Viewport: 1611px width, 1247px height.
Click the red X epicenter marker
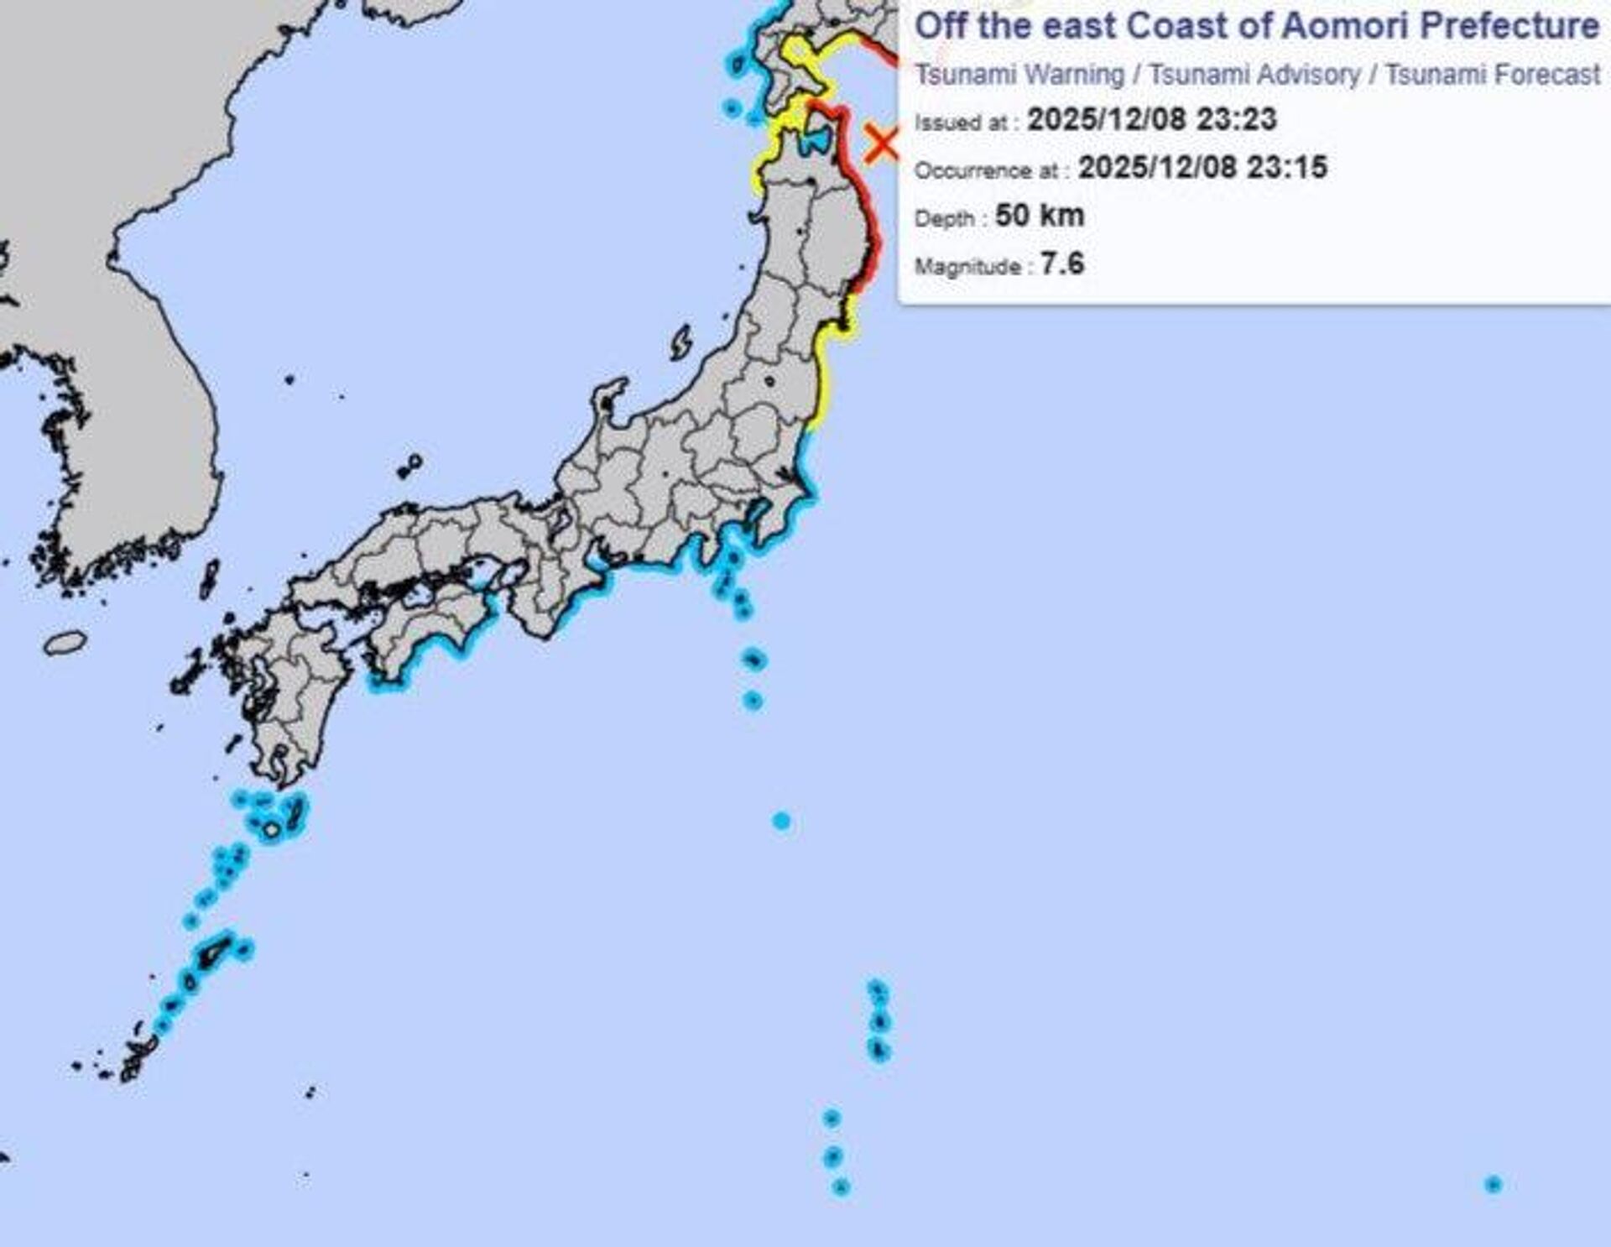(882, 143)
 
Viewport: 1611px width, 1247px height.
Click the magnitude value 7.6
(1062, 264)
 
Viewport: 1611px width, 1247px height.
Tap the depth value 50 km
(1040, 216)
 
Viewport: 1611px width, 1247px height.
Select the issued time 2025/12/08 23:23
(1151, 119)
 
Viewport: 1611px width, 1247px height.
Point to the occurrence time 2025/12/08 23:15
(1202, 167)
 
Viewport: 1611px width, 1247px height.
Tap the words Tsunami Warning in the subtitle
(1019, 75)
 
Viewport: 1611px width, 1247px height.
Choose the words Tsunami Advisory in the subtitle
(1254, 75)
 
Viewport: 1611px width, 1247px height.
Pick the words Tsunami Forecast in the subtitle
(1493, 75)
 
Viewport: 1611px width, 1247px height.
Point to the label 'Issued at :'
(966, 123)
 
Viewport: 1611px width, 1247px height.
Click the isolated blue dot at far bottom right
(1493, 1184)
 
